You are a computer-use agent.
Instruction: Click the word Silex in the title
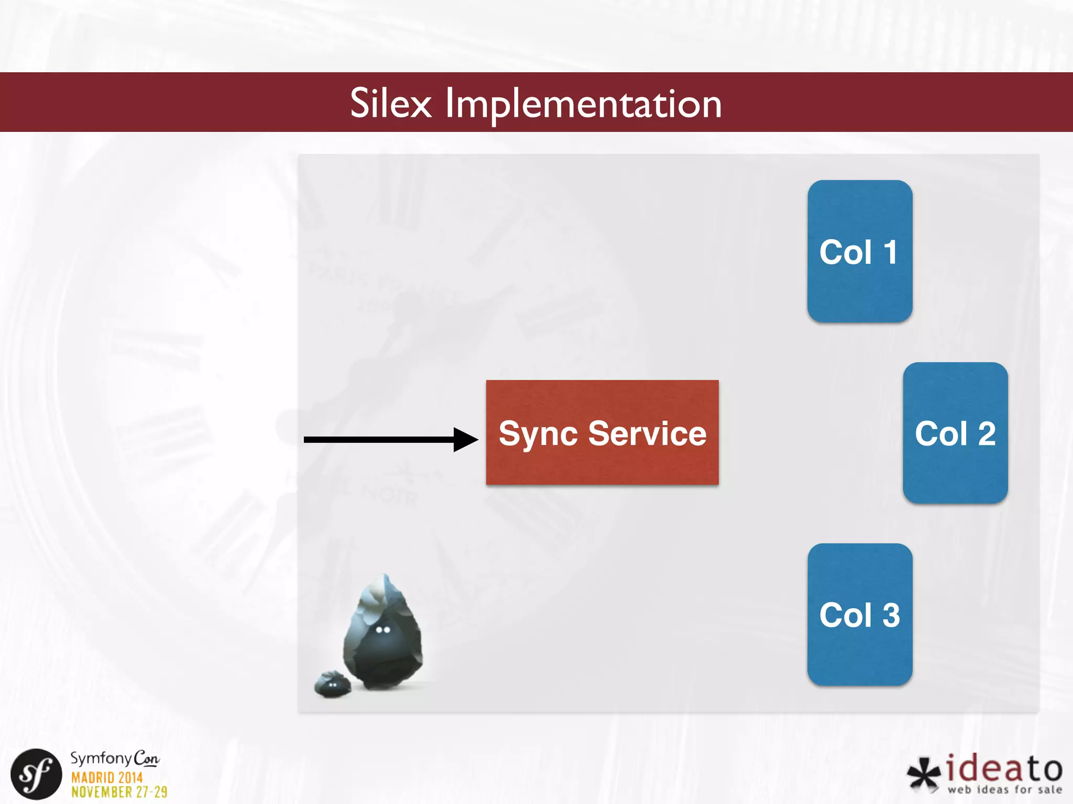coord(390,103)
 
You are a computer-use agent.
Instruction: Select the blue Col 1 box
coord(860,251)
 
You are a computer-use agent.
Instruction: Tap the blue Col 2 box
coord(955,433)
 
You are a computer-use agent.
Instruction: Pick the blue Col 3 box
coord(860,615)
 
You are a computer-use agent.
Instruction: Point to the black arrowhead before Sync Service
coord(465,440)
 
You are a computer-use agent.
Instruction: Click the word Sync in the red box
coord(538,434)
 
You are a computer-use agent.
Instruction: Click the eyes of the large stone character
coord(383,630)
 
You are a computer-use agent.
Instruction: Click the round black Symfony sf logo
coord(36,774)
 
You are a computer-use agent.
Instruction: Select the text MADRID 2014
coord(107,777)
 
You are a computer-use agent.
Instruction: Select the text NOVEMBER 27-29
coord(119,792)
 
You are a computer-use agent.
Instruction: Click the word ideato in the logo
coord(1004,769)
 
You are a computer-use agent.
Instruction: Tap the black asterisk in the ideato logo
coord(924,774)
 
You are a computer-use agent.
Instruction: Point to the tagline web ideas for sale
coord(1004,789)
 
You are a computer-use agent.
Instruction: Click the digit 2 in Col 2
coord(987,433)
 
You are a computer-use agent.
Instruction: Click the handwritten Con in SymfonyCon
coord(146,758)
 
